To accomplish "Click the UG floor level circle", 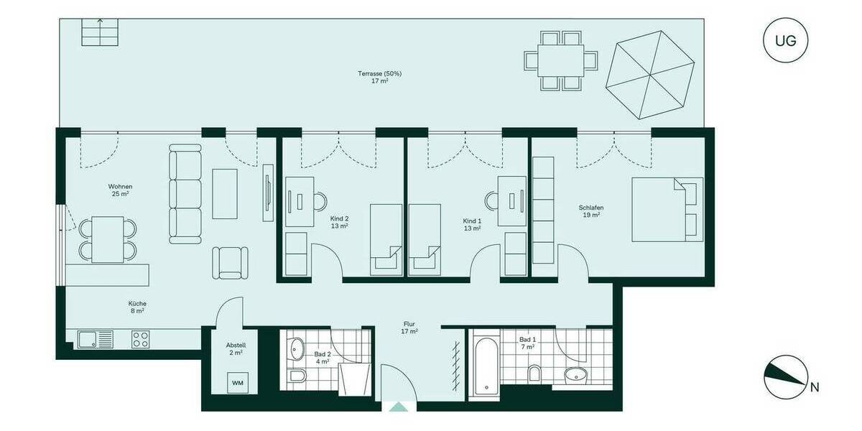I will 785,40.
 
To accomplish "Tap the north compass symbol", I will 785,379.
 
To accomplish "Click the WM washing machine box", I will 238,384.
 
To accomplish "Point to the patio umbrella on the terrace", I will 651,76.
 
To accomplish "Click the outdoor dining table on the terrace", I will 560,60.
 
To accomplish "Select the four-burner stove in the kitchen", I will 141,340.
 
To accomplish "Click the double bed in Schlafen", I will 667,209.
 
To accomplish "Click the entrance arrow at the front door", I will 398,407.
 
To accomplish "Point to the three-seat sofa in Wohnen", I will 185,194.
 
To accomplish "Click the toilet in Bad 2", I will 296,378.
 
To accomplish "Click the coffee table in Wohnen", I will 225,193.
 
